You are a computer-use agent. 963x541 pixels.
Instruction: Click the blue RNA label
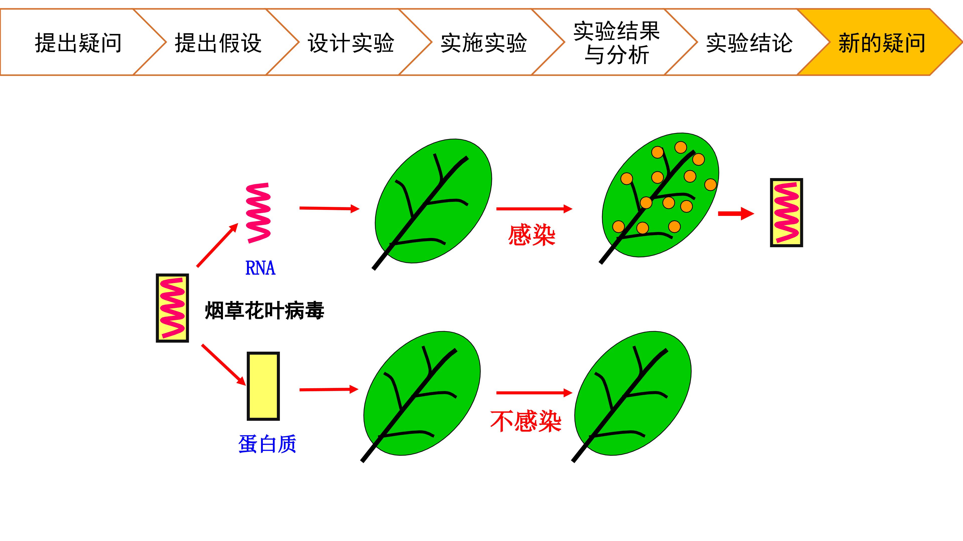coord(260,268)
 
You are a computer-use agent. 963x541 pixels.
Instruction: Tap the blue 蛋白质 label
coord(267,444)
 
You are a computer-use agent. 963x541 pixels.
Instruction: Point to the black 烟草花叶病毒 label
coord(264,311)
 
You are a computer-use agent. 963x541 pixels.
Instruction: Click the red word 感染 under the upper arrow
coord(532,235)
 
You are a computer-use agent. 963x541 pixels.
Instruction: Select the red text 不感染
coord(526,421)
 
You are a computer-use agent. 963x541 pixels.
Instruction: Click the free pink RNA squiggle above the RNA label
coord(258,213)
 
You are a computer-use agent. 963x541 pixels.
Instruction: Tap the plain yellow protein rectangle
coord(263,386)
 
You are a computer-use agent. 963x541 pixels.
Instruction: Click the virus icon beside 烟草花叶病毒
coord(172,308)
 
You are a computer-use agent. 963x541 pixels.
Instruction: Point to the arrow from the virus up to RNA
coord(217,245)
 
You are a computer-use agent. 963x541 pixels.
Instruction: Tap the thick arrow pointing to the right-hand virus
coord(736,214)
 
